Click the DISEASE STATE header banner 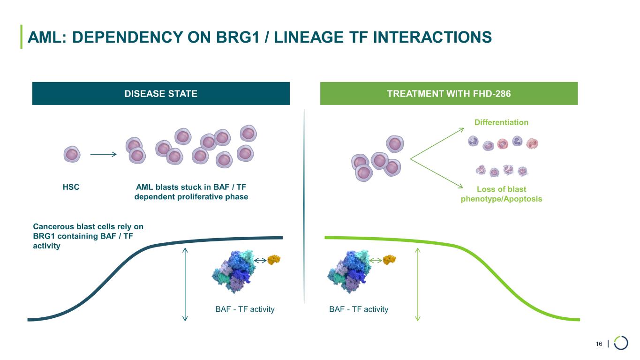pyautogui.click(x=161, y=93)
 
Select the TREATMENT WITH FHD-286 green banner pyautogui.click(x=449, y=93)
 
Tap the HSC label pyautogui.click(x=71, y=187)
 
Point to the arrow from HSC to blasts pyautogui.click(x=103, y=154)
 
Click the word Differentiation pyautogui.click(x=501, y=122)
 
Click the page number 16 pyautogui.click(x=599, y=345)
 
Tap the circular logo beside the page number pyautogui.click(x=621, y=343)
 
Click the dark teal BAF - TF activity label pyautogui.click(x=244, y=309)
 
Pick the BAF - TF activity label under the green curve pyautogui.click(x=359, y=309)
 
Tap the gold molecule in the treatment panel pyautogui.click(x=389, y=259)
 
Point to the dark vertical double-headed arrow pyautogui.click(x=185, y=284)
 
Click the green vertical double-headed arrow pyautogui.click(x=417, y=284)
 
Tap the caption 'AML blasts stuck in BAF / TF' pyautogui.click(x=191, y=187)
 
